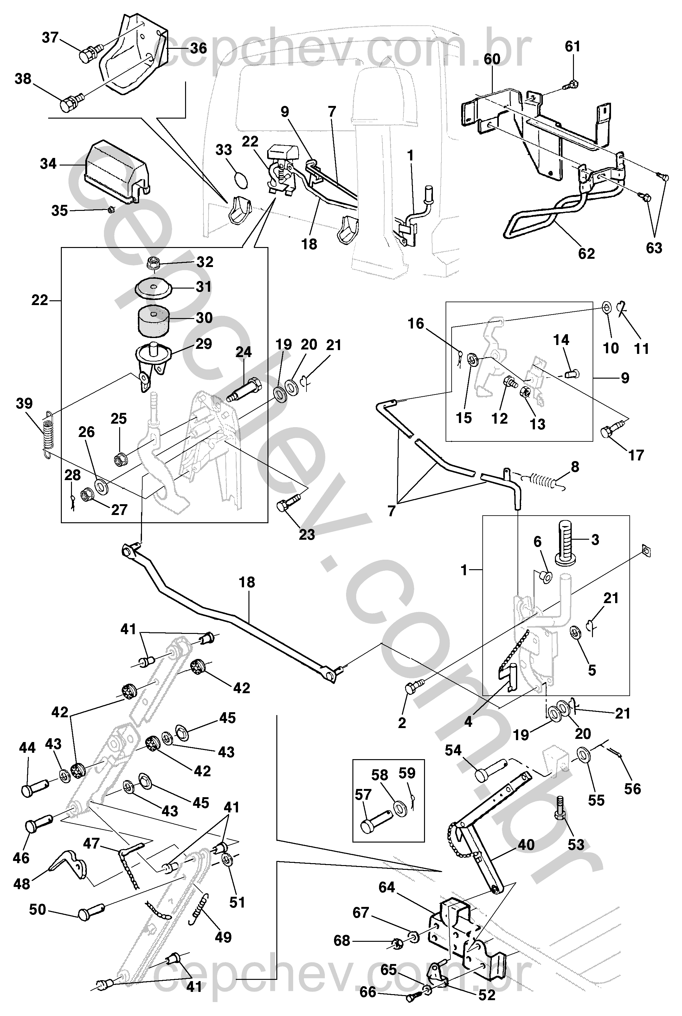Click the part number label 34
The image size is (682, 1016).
(48, 164)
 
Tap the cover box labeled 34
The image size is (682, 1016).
(115, 172)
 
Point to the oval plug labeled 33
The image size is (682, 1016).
(241, 179)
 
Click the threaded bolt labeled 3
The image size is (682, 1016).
(568, 543)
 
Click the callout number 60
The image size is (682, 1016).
(492, 60)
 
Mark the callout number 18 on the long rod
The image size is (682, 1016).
(247, 582)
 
